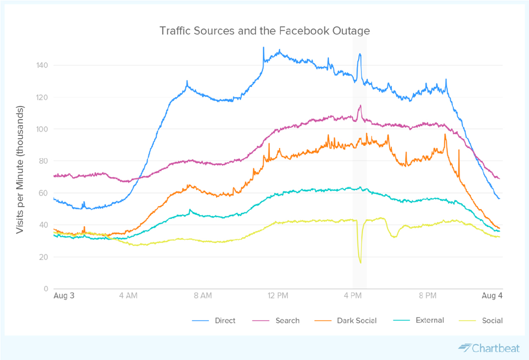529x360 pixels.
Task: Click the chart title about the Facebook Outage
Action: [264, 30]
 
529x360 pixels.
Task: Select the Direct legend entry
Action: [225, 321]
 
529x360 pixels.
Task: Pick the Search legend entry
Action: [287, 321]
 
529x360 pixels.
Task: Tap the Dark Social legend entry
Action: [356, 321]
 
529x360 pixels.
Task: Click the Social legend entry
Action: [492, 321]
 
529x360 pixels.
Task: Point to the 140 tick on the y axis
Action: [42, 65]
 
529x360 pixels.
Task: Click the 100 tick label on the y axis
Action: [42, 129]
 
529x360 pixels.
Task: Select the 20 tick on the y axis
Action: [44, 257]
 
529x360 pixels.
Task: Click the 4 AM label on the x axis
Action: [128, 296]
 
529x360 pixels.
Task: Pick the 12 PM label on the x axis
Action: [278, 296]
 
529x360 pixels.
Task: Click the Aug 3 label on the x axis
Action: [64, 296]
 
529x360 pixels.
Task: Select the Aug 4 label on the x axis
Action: [493, 296]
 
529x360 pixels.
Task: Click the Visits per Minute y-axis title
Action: [20, 170]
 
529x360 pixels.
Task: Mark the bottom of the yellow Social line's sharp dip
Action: [360, 263]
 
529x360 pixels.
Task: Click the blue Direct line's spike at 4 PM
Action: [360, 54]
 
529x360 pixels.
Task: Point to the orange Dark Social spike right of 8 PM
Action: [445, 134]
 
